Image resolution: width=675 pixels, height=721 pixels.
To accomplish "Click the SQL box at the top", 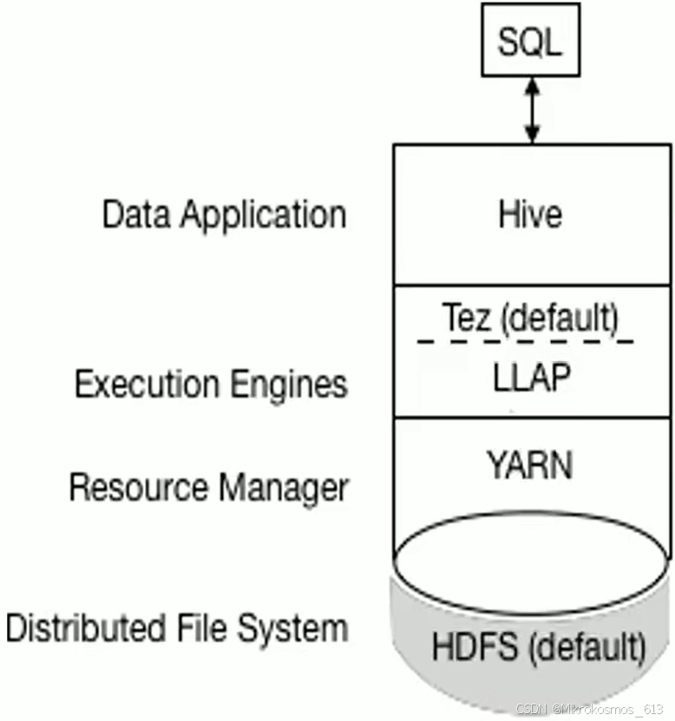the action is (x=530, y=42).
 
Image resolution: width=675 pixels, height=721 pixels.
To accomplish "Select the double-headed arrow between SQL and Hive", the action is (x=531, y=110).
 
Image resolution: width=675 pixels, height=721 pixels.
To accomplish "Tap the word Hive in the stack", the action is (x=530, y=214).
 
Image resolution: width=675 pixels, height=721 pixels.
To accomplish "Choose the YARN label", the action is (x=529, y=466).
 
